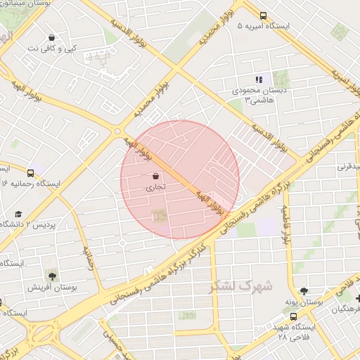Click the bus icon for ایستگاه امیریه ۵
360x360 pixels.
click(x=263, y=15)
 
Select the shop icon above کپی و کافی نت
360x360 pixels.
click(x=52, y=38)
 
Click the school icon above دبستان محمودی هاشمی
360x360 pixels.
click(x=258, y=80)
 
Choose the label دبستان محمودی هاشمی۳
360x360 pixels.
click(x=257, y=96)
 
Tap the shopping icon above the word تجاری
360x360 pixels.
click(x=155, y=178)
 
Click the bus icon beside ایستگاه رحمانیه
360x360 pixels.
click(x=30, y=172)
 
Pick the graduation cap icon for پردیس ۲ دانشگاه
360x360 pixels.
click(x=18, y=214)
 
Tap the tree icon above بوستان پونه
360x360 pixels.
click(x=303, y=290)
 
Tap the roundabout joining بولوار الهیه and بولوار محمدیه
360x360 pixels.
click(x=119, y=129)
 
